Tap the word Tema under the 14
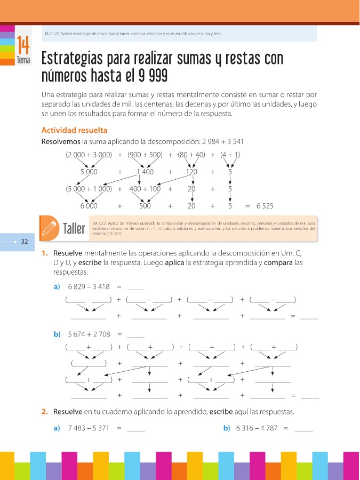pyautogui.click(x=23, y=60)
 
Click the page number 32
pyautogui.click(x=24, y=242)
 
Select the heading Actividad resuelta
pyautogui.click(x=74, y=130)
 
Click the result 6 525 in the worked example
pyautogui.click(x=265, y=205)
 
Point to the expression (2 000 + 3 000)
pyautogui.click(x=89, y=155)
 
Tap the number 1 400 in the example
pyautogui.click(x=145, y=172)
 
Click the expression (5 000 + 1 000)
pyautogui.click(x=89, y=188)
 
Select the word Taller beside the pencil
pyautogui.click(x=74, y=229)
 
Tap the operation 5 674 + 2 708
pyautogui.click(x=89, y=334)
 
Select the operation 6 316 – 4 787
pyautogui.click(x=257, y=428)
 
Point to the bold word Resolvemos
pyautogui.click(x=61, y=141)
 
